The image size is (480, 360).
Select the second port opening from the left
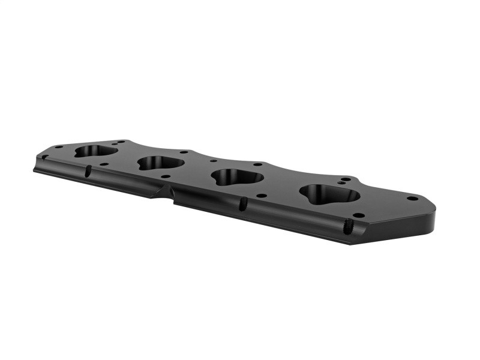click(160, 163)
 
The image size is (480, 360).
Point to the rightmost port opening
click(329, 193)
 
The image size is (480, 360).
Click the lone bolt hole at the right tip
click(412, 198)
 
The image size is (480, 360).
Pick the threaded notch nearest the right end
click(347, 227)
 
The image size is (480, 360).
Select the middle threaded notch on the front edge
click(243, 204)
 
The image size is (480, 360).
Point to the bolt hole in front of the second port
click(164, 176)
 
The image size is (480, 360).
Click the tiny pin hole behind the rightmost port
click(341, 178)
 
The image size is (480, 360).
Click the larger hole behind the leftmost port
click(120, 142)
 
